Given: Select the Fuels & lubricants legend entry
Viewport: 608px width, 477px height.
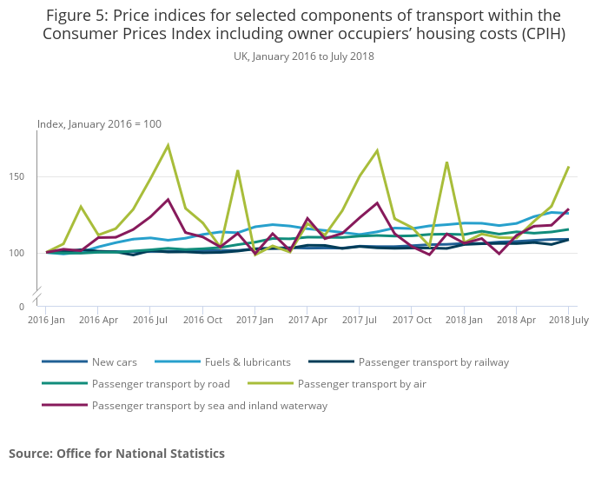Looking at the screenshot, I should pos(247,361).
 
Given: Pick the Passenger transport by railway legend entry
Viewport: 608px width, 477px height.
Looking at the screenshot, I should pos(433,361).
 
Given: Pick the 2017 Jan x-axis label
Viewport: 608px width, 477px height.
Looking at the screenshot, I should pos(254,321).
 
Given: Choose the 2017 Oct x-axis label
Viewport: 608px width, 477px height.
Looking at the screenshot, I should pos(412,321).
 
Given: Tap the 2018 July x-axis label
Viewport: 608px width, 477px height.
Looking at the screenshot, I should pos(568,321).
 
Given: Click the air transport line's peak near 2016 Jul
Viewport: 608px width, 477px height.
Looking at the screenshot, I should pos(168,145).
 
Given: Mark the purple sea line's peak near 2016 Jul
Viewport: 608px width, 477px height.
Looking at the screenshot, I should pos(168,200).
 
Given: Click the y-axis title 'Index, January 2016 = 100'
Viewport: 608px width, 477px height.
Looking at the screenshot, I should pos(99,124).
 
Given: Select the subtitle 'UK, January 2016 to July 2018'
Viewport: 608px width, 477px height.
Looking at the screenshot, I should pos(304,56).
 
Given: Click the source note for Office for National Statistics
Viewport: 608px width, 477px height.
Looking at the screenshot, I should pos(116,454).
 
